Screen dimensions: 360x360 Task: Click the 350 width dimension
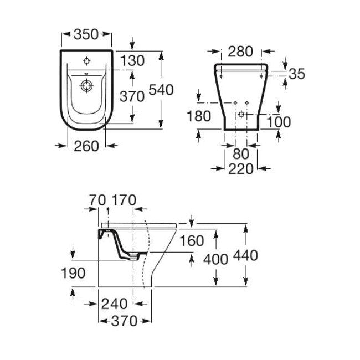click(x=86, y=34)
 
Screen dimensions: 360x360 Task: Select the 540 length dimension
click(x=161, y=90)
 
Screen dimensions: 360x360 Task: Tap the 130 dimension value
click(x=132, y=60)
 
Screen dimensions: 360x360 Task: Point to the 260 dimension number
click(x=86, y=146)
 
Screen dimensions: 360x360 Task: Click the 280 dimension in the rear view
click(x=240, y=51)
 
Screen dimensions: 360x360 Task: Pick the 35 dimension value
click(x=297, y=74)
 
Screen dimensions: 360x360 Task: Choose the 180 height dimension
click(x=199, y=116)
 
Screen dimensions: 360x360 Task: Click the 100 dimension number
click(x=279, y=122)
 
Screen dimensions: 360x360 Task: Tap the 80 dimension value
click(x=241, y=153)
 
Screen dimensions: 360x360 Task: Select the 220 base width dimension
click(x=240, y=169)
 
